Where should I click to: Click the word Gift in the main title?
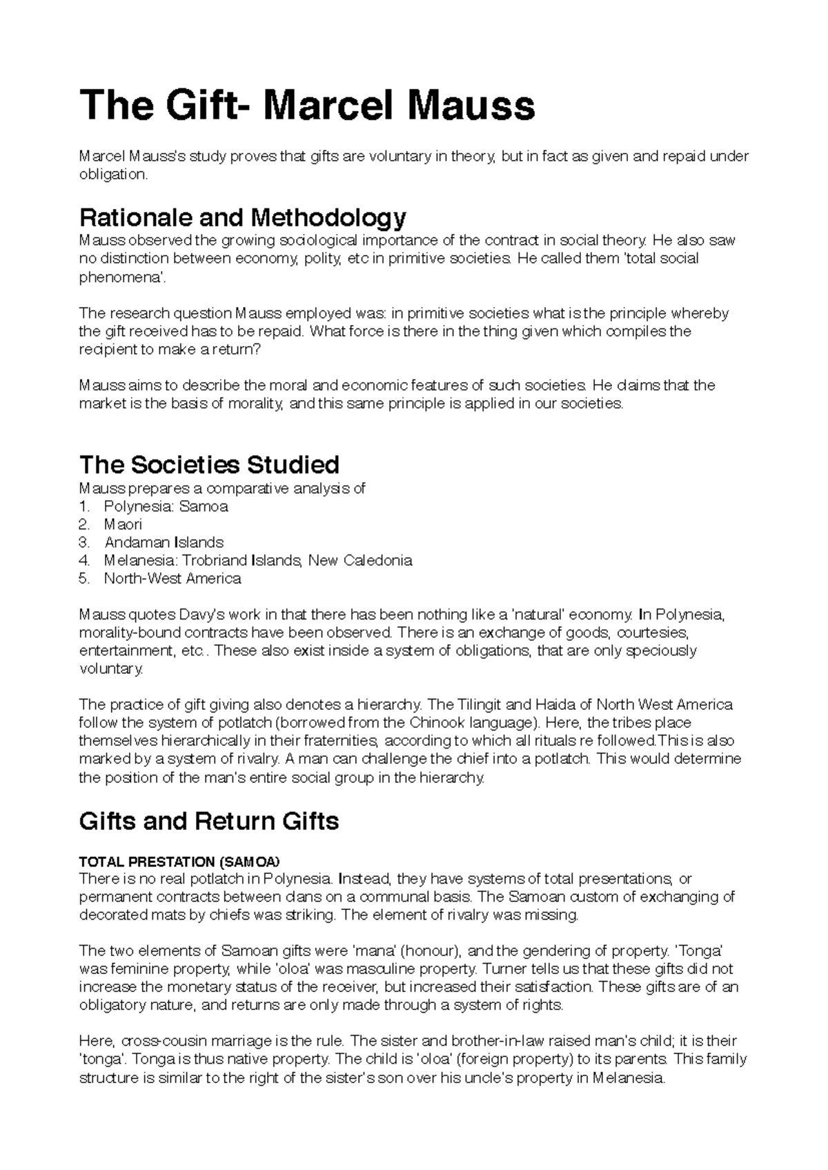[207, 106]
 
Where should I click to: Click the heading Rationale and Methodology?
[243, 218]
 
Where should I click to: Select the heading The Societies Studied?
[209, 464]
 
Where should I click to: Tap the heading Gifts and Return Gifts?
[209, 821]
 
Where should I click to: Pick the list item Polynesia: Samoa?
[166, 506]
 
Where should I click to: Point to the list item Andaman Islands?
[164, 542]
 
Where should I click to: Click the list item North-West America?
[172, 578]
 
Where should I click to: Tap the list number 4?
[84, 560]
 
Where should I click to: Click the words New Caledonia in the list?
[360, 560]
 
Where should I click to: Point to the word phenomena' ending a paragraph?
[122, 277]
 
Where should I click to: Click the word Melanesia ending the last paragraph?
[628, 1078]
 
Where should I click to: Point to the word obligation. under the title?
[113, 175]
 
